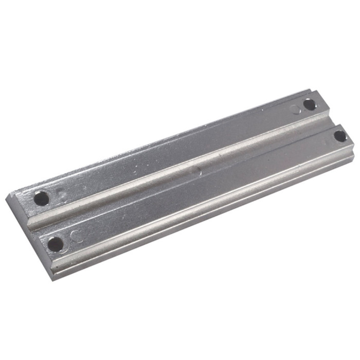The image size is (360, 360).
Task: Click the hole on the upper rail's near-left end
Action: pyautogui.click(x=42, y=197)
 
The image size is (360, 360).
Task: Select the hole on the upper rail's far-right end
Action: pyautogui.click(x=309, y=104)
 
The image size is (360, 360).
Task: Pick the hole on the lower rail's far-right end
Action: pyautogui.click(x=340, y=136)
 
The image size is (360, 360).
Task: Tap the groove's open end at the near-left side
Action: pyautogui.click(x=34, y=224)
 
